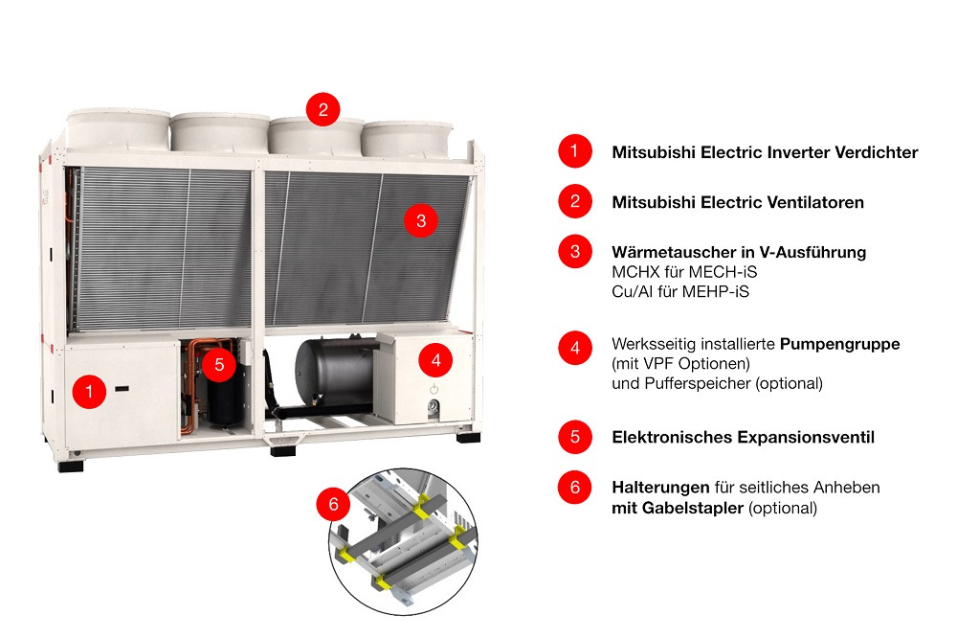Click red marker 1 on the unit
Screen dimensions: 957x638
click(x=89, y=391)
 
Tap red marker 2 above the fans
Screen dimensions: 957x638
click(x=323, y=109)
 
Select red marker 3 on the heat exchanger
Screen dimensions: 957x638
click(x=421, y=220)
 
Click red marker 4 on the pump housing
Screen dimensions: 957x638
click(x=435, y=360)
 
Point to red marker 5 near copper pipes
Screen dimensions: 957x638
click(x=219, y=365)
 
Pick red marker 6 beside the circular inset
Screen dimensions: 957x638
click(x=333, y=504)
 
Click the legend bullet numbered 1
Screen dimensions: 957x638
click(x=575, y=151)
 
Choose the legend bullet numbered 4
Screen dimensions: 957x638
click(x=575, y=348)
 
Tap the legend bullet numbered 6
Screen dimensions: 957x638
click(x=575, y=487)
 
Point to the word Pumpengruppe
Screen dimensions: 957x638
click(x=840, y=344)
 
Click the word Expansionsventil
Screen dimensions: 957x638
click(x=806, y=438)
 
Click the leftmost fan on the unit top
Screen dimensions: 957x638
click(x=118, y=129)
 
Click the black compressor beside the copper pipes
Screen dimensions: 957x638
click(x=225, y=400)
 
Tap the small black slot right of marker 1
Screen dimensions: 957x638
click(x=122, y=389)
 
